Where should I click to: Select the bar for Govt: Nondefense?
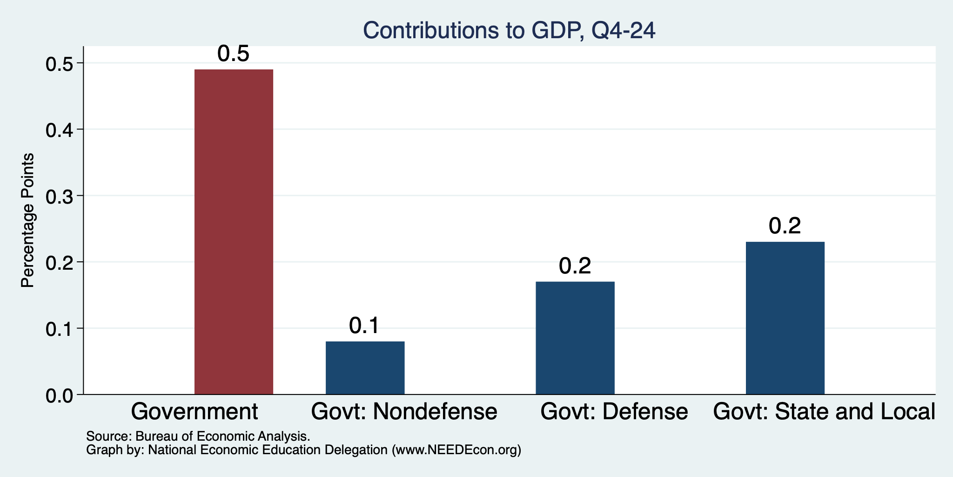(x=365, y=368)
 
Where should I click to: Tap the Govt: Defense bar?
(x=575, y=338)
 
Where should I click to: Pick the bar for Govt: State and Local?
(x=785, y=318)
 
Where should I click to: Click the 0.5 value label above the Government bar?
(x=234, y=55)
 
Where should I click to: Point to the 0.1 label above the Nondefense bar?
(x=365, y=326)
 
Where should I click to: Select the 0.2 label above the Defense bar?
(x=575, y=266)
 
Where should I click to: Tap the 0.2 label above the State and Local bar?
(x=785, y=227)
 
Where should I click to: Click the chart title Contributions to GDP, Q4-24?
(x=509, y=30)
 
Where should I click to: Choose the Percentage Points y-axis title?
(x=28, y=220)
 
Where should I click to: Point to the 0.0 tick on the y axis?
(x=59, y=395)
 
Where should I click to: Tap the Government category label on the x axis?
(x=195, y=412)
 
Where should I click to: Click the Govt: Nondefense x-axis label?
(x=404, y=412)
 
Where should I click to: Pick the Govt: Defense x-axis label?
(x=614, y=412)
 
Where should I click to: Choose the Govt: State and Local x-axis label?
(x=824, y=412)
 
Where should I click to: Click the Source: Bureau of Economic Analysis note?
(x=198, y=437)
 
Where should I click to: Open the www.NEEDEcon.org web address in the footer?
(x=456, y=450)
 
